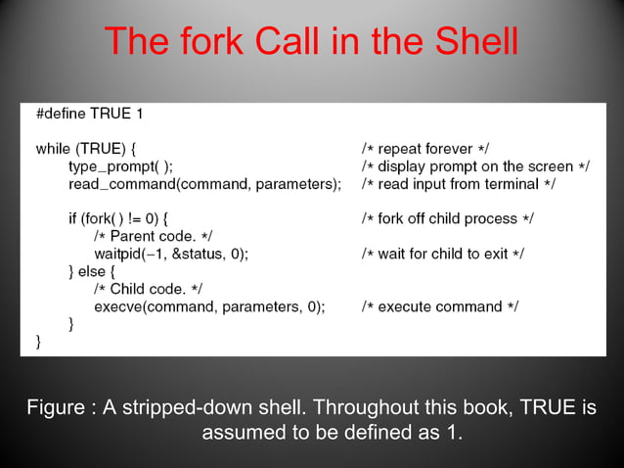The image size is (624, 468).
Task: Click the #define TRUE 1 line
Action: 90,114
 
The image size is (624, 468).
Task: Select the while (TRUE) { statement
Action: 86,149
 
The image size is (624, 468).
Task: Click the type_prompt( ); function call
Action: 120,166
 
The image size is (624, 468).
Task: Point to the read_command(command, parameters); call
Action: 204,184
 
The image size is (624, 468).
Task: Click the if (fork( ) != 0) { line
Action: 123,218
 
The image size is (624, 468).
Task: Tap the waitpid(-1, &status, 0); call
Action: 171,254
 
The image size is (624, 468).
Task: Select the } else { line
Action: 92,271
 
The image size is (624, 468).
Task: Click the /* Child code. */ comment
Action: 149,289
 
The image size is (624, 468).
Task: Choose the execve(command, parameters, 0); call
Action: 209,306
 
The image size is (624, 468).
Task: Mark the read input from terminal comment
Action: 459,184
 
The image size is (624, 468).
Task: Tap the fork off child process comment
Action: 448,218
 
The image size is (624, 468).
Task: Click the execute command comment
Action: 440,306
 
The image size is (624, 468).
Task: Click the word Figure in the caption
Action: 55,408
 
